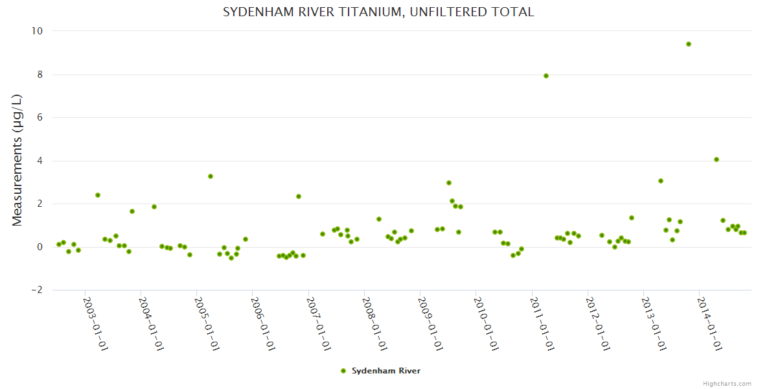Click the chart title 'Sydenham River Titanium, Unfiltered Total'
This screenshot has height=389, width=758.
[378, 12]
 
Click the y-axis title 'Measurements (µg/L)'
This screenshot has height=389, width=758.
[17, 160]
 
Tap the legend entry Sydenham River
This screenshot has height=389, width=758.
[380, 371]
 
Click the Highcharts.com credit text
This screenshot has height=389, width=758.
[727, 383]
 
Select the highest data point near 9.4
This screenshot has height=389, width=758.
[689, 44]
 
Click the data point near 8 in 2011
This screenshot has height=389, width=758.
[546, 76]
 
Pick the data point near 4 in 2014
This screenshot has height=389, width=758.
[717, 159]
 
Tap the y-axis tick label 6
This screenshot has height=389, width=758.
[40, 117]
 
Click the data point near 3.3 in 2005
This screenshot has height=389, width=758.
[211, 176]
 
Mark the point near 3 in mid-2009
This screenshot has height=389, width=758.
[449, 183]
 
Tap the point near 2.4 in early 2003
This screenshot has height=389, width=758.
[98, 195]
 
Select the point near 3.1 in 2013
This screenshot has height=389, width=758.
[661, 181]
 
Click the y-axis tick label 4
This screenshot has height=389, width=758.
[40, 161]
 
